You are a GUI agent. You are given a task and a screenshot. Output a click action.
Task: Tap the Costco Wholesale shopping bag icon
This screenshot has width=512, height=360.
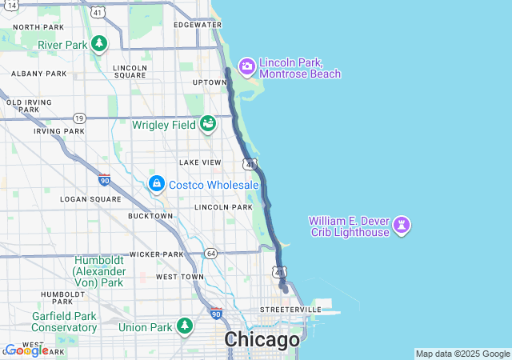pyautogui.click(x=157, y=185)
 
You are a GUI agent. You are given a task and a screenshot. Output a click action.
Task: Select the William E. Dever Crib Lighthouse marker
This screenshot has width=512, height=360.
pyautogui.click(x=402, y=226)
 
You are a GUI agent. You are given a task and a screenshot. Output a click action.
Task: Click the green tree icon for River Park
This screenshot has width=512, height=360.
pyautogui.click(x=99, y=45)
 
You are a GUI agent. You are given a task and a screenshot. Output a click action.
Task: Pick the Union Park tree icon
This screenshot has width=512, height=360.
pyautogui.click(x=186, y=326)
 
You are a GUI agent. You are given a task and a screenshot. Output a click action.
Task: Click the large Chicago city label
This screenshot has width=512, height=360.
pyautogui.click(x=262, y=340)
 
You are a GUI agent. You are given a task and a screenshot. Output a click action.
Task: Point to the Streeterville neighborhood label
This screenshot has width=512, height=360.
pyautogui.click(x=290, y=309)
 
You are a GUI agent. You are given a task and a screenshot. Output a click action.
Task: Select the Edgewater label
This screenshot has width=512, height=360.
pyautogui.click(x=197, y=25)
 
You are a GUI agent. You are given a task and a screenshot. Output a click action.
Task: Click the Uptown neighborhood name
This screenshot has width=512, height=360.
pyautogui.click(x=209, y=82)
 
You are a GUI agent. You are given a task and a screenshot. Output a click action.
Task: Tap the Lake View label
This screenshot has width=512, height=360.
pyautogui.click(x=200, y=162)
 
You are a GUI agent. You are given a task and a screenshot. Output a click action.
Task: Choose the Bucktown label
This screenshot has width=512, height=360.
pyautogui.click(x=150, y=216)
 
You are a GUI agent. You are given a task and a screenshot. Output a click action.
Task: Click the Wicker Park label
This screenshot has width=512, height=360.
pyautogui.click(x=158, y=254)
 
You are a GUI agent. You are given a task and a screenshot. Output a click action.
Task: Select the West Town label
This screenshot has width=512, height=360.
pyautogui.click(x=180, y=277)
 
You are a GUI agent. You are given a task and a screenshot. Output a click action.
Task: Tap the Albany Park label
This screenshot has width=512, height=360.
pyautogui.click(x=38, y=74)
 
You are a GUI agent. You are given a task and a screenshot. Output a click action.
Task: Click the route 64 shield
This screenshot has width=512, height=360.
pyautogui.click(x=210, y=254)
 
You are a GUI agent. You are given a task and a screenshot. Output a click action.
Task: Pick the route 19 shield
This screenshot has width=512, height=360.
pyautogui.click(x=78, y=118)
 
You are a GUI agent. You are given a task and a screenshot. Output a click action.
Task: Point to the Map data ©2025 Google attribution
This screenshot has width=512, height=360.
pyautogui.click(x=462, y=354)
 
